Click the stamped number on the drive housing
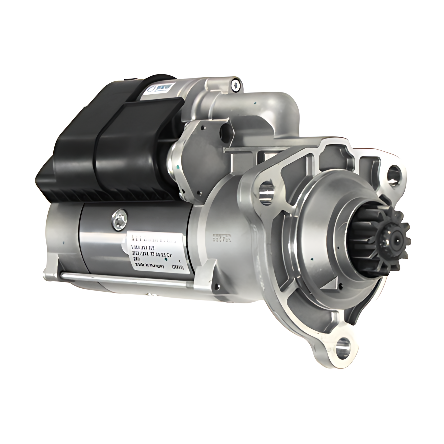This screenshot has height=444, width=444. tap(222, 238)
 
